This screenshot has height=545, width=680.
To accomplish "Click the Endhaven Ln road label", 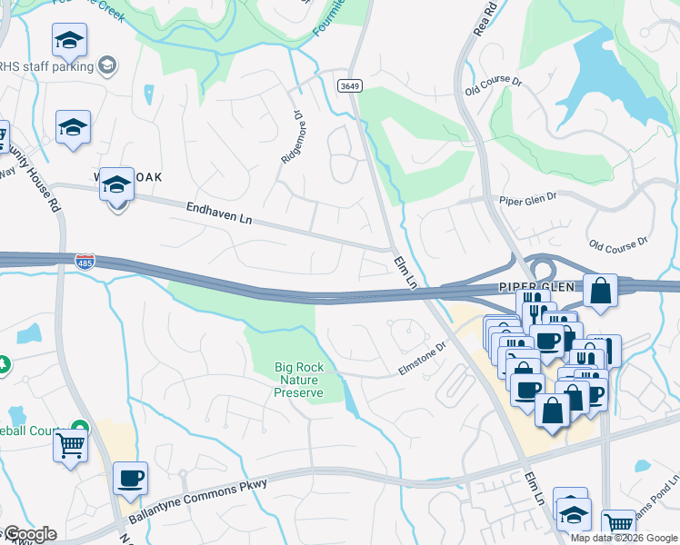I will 218,213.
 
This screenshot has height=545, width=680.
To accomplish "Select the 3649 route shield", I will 347,85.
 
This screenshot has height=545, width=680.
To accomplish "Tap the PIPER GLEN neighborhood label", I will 536,286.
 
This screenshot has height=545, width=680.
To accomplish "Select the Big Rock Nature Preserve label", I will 299,380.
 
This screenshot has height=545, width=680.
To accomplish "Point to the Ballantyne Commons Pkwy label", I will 197,500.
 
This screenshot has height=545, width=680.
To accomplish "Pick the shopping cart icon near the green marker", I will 70,445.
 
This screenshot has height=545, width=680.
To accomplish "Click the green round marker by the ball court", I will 81,428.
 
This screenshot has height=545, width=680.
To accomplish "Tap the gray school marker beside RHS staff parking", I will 107,64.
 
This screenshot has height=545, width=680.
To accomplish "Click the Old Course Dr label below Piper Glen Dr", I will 618,243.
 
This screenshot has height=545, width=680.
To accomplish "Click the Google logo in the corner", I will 29,534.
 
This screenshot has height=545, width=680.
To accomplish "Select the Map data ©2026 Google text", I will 624,538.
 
